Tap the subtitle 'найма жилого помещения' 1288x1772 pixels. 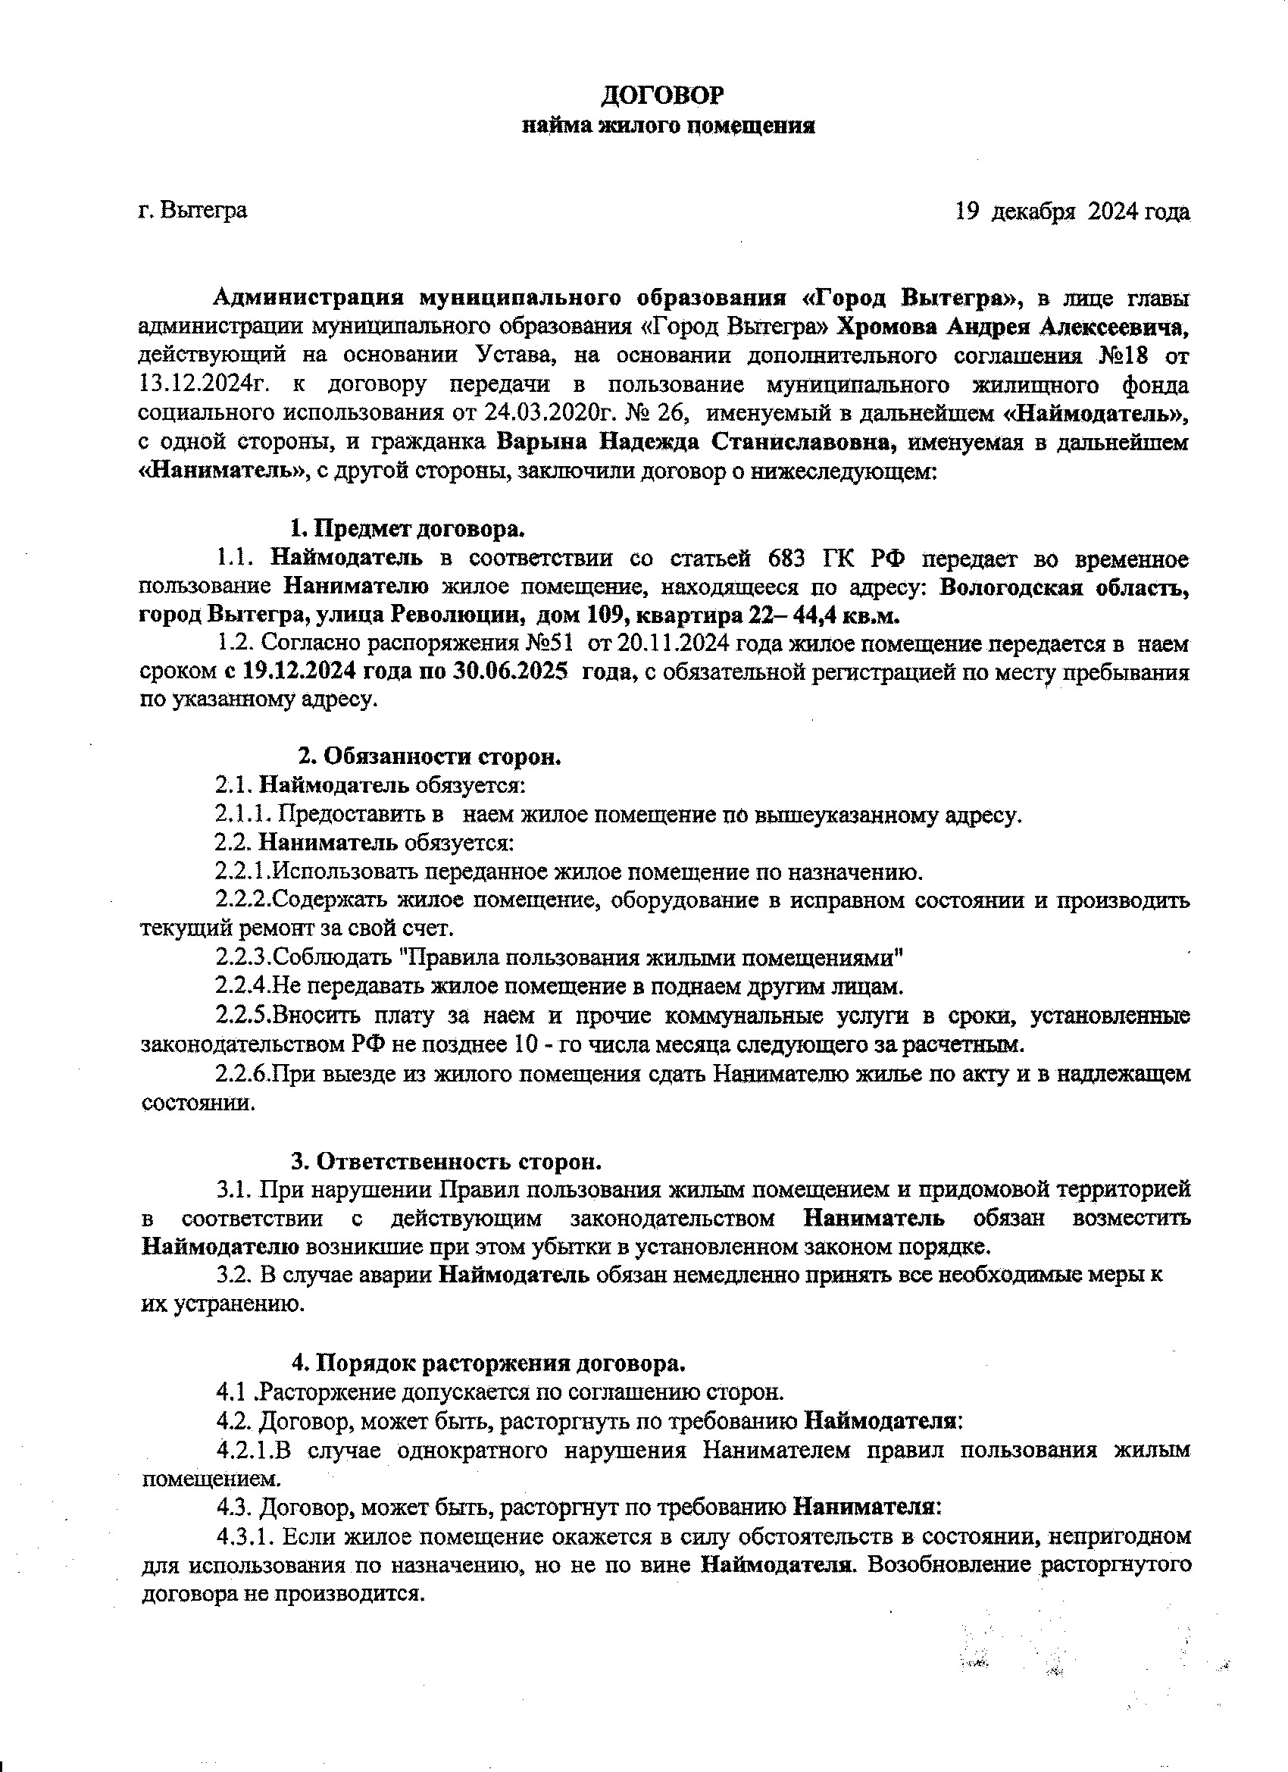click(x=667, y=126)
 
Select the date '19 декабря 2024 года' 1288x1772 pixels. click(x=1072, y=211)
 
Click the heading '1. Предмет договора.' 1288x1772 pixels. click(x=408, y=529)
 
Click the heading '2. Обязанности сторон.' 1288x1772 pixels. click(x=431, y=757)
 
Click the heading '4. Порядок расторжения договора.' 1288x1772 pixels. click(x=489, y=1364)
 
